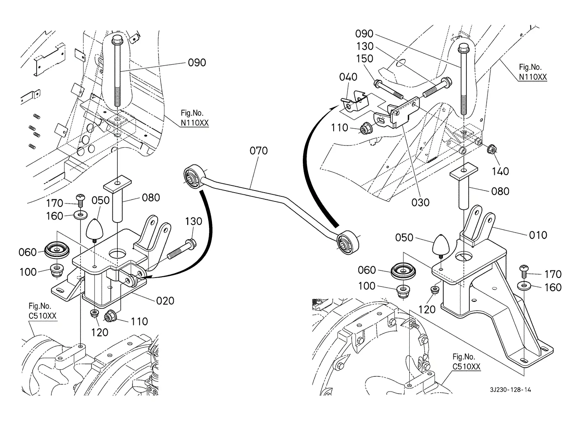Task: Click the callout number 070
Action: [x=258, y=151]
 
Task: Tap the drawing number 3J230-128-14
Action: [x=510, y=390]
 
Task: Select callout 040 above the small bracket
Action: [x=348, y=77]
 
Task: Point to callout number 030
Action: [x=420, y=202]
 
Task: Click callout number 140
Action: [x=500, y=172]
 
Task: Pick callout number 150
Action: [x=365, y=59]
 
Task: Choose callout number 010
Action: [x=538, y=235]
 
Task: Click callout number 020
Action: [x=165, y=301]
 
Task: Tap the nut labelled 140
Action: [x=491, y=149]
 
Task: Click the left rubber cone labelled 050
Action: [x=95, y=229]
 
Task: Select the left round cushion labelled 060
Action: [x=57, y=250]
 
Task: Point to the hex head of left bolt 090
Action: [x=117, y=40]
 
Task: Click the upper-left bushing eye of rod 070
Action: [x=193, y=177]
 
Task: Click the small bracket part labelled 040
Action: [x=355, y=102]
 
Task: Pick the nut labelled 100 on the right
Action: [x=403, y=291]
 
